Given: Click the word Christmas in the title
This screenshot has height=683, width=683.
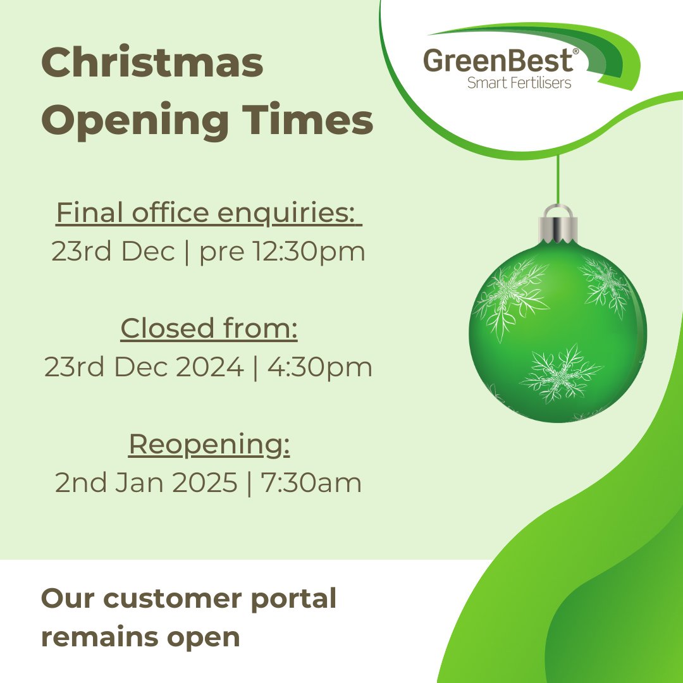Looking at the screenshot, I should tap(152, 64).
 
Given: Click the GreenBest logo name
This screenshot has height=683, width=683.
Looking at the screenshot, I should tap(498, 61).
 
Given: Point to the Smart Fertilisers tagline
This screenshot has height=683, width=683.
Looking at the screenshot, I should tap(519, 83).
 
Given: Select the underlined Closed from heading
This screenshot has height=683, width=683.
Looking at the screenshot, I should tap(209, 328).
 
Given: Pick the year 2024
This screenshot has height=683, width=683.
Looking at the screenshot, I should tap(209, 367).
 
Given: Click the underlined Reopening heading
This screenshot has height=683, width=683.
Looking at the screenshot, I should tap(209, 444).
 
